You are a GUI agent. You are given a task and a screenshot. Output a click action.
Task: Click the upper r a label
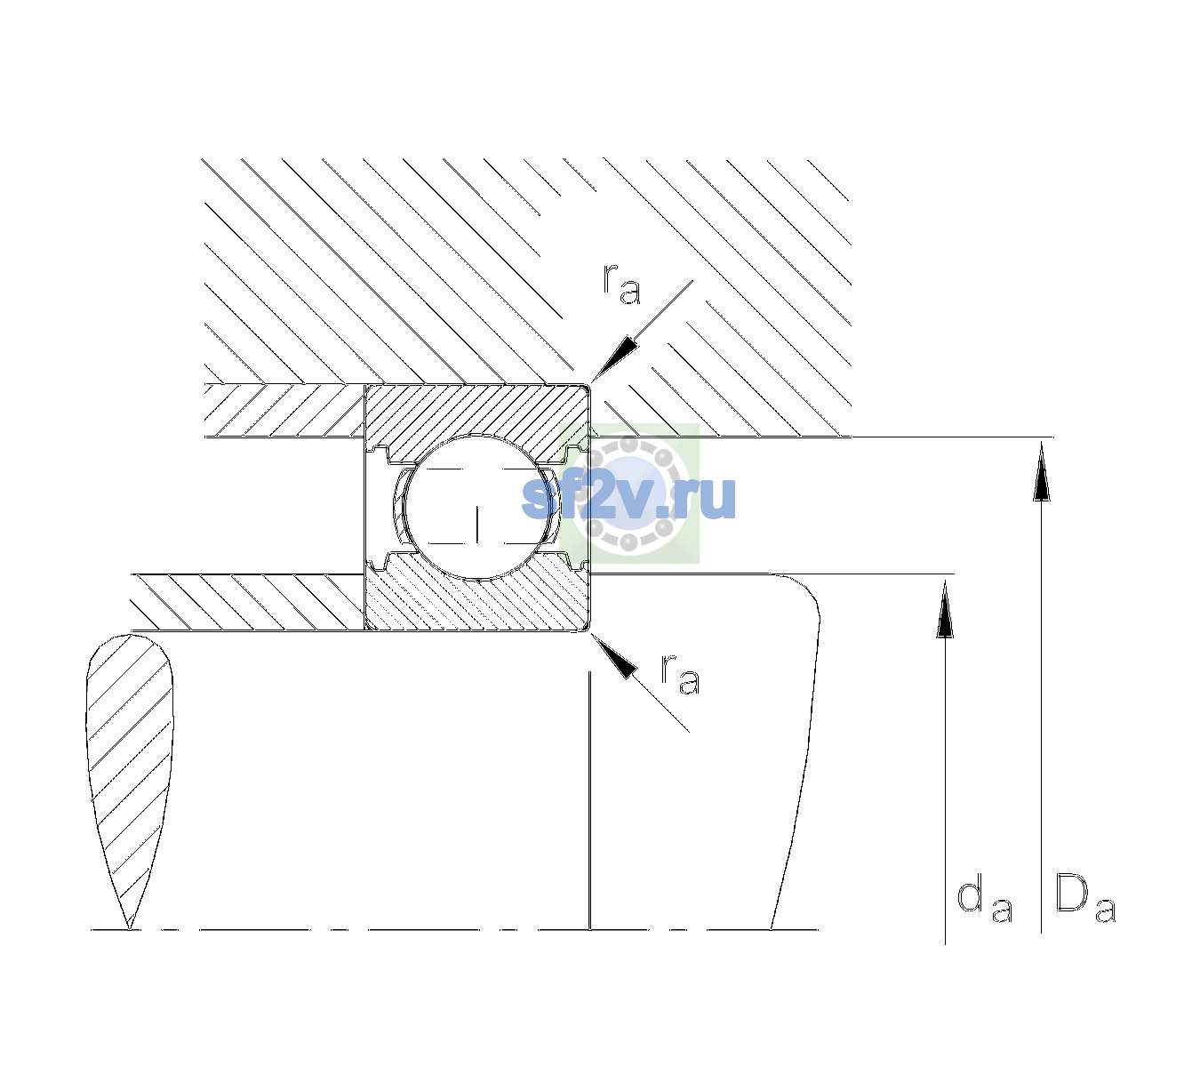tap(621, 285)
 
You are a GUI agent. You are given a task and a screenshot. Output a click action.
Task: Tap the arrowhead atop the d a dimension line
tap(945, 610)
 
